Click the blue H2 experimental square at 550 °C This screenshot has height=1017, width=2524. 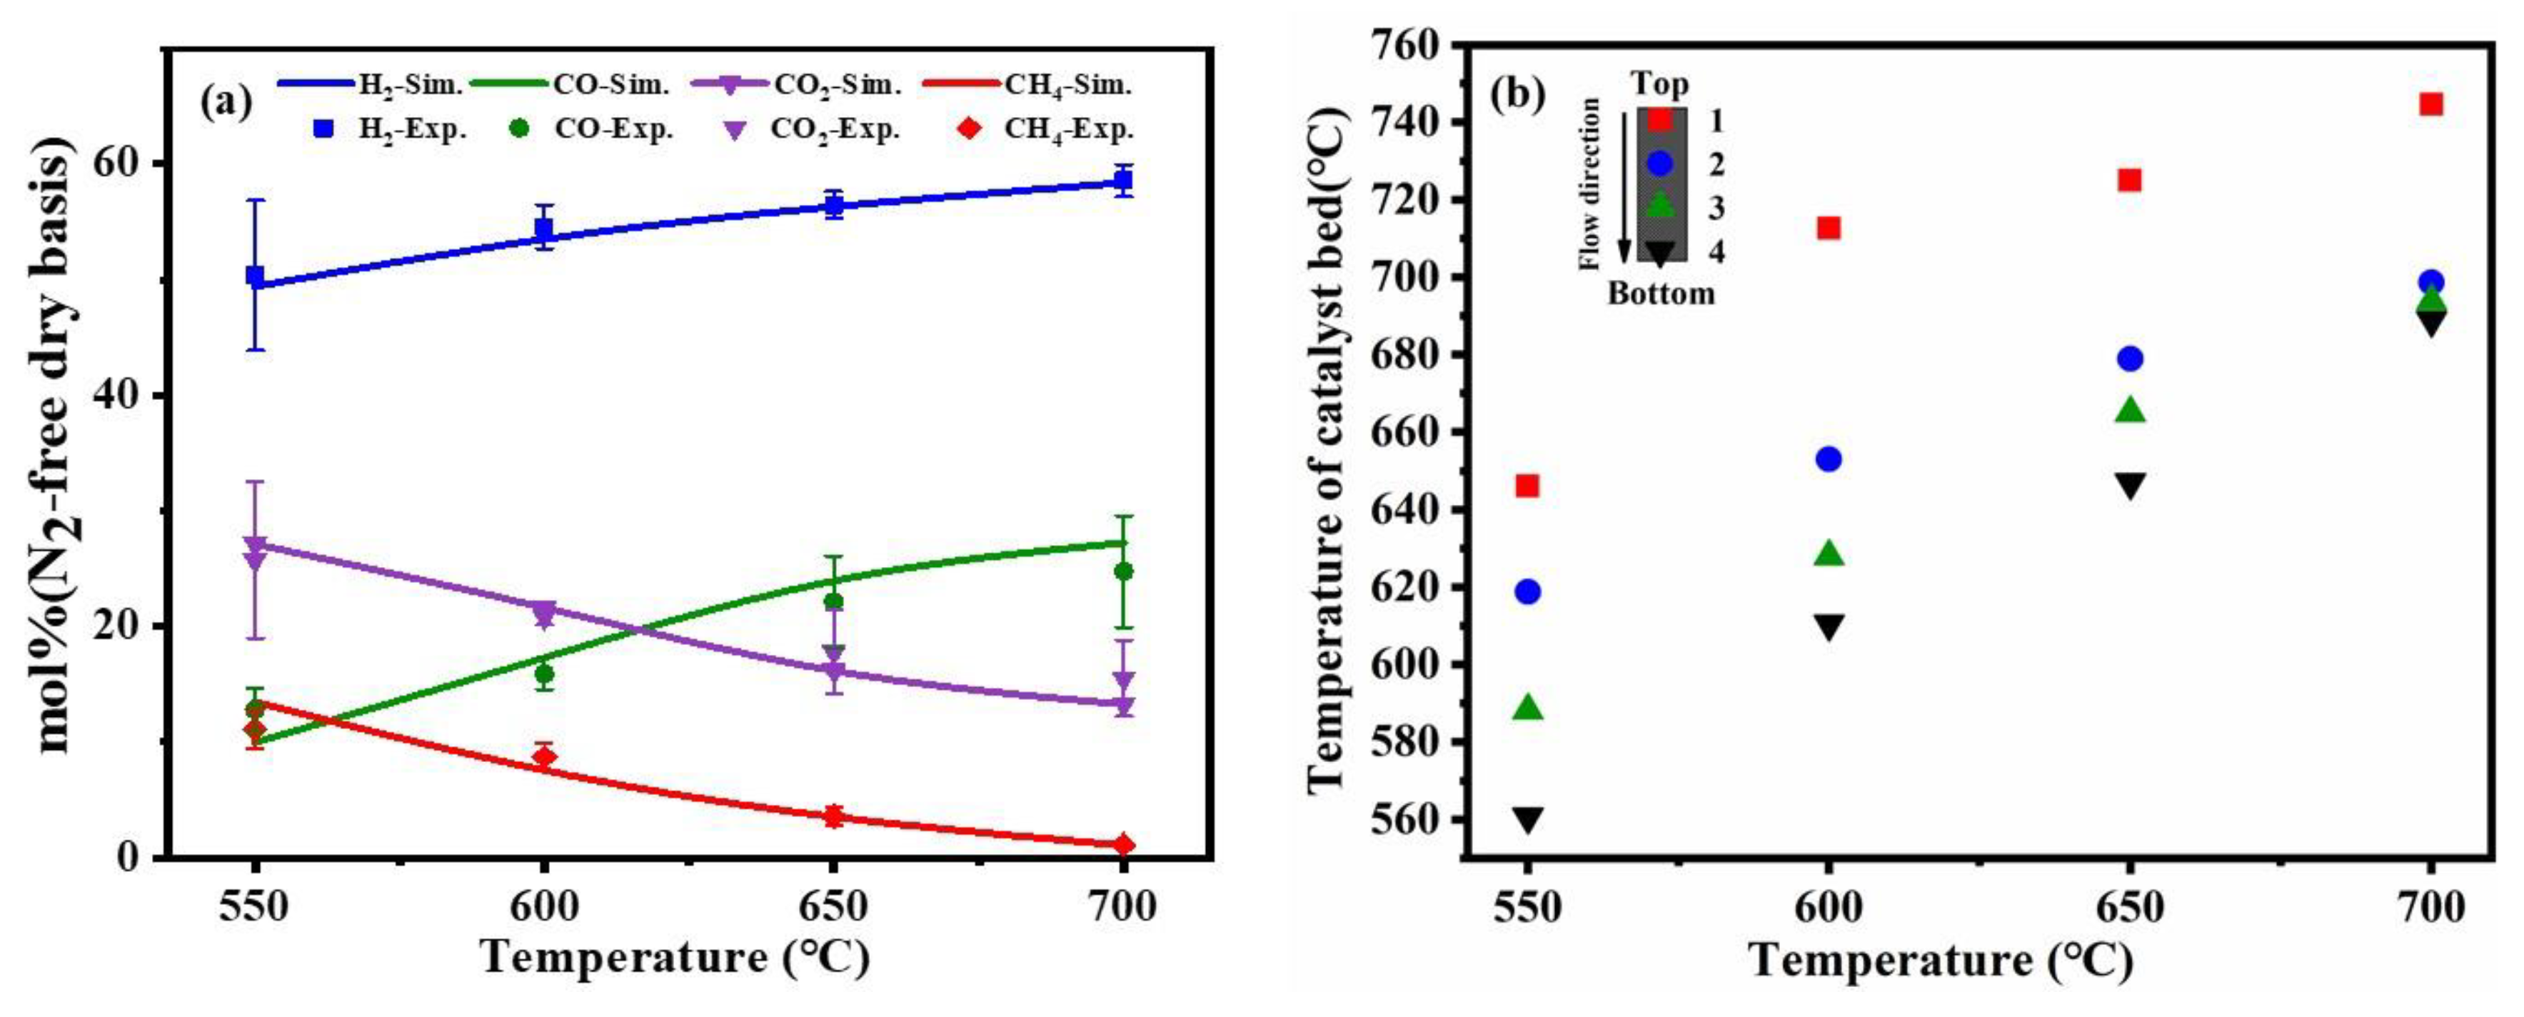pyautogui.click(x=255, y=276)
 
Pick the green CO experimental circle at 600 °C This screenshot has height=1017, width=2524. pyautogui.click(x=544, y=674)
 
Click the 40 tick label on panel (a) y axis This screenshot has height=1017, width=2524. pyautogui.click(x=116, y=395)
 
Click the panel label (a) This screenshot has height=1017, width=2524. pyautogui.click(x=226, y=101)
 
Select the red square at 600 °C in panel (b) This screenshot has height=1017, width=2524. pyautogui.click(x=1829, y=227)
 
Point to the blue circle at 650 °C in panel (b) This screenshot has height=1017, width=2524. pyautogui.click(x=2130, y=359)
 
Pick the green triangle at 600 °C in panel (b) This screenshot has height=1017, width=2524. pyautogui.click(x=1829, y=553)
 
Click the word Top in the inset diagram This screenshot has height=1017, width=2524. pyautogui.click(x=1660, y=84)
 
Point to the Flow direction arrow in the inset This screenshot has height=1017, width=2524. pyautogui.click(x=1622, y=186)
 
